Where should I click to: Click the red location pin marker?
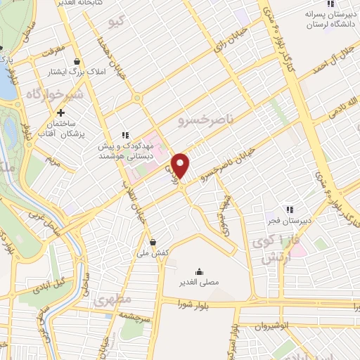coord(181,166)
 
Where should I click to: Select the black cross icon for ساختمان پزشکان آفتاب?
coord(61,112)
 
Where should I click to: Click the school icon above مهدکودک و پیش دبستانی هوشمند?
coord(125,135)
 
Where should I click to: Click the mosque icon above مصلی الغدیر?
coord(198,271)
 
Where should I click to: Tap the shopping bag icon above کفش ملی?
coord(153,242)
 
